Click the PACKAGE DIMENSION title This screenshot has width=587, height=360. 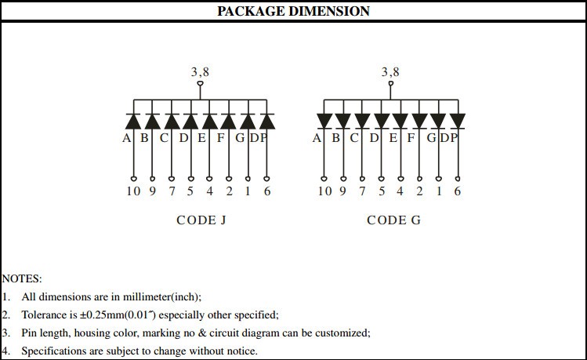click(x=293, y=11)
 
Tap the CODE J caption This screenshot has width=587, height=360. click(x=201, y=220)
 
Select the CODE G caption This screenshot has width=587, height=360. click(x=394, y=220)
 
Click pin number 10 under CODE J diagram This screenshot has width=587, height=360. click(x=133, y=191)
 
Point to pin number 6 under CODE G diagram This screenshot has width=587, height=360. click(x=458, y=191)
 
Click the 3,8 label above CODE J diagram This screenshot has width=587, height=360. click(x=200, y=71)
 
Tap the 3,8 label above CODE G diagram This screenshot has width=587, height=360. click(x=390, y=71)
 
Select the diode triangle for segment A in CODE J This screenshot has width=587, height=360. click(x=133, y=122)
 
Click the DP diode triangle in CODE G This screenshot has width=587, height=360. click(x=458, y=121)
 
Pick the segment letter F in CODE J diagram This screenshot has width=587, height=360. click(x=220, y=138)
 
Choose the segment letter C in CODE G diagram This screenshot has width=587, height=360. click(x=354, y=138)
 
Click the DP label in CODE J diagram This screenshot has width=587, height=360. click(x=259, y=138)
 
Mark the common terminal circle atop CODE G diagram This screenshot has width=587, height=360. click(x=391, y=84)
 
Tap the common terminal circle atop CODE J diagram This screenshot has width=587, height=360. click(x=201, y=84)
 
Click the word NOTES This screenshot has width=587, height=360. click(x=22, y=278)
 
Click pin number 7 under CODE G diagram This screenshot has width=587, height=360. click(x=362, y=191)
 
